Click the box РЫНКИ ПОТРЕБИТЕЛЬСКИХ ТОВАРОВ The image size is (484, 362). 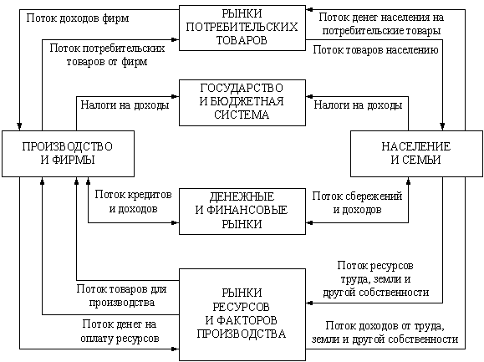click(x=242, y=28)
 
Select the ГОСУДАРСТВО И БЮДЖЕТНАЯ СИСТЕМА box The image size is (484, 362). click(x=242, y=103)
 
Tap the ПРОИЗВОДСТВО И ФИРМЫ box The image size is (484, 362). click(x=68, y=154)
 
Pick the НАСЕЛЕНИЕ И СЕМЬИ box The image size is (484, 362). click(x=416, y=154)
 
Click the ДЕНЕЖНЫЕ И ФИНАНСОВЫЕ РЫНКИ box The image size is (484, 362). click(x=242, y=212)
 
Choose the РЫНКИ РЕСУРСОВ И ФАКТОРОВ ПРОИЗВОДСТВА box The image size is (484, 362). click(x=242, y=314)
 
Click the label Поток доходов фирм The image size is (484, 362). click(x=78, y=18)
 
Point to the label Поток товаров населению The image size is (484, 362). click(x=375, y=49)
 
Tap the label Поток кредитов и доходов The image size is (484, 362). click(x=133, y=201)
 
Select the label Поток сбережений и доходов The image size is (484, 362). click(x=357, y=203)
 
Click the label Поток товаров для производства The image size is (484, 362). click(x=121, y=296)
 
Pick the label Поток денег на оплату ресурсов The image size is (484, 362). click(x=120, y=331)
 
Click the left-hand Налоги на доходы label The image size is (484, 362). click(x=125, y=105)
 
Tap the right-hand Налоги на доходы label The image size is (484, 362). click(x=358, y=105)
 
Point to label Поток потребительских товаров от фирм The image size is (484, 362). click(x=107, y=55)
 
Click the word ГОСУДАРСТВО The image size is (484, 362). click(x=242, y=88)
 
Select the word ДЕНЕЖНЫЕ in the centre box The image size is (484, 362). click(x=242, y=196)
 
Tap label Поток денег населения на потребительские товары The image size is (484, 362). click(x=381, y=23)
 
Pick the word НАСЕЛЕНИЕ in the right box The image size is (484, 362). click(x=416, y=146)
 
